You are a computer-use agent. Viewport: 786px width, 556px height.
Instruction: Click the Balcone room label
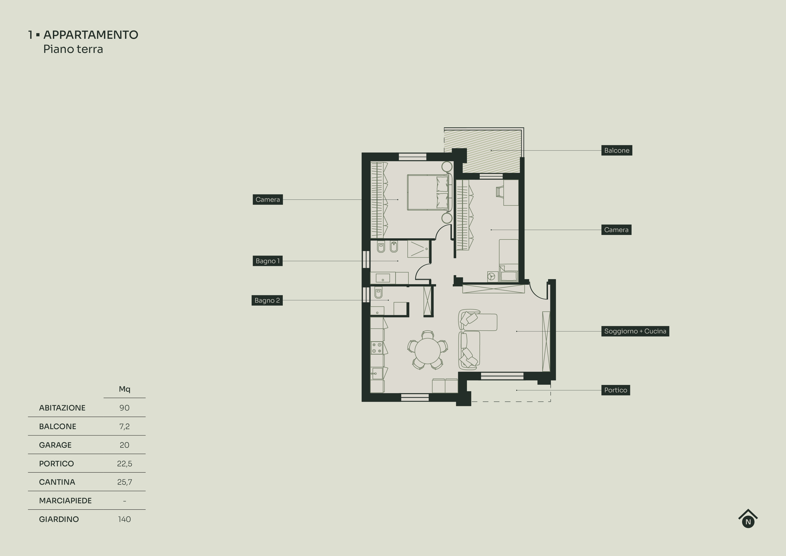click(617, 150)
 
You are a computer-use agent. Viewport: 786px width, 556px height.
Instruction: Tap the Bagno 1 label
click(267, 261)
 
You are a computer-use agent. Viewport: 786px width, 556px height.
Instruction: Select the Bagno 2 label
click(267, 300)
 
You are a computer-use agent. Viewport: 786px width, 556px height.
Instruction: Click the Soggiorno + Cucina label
click(635, 331)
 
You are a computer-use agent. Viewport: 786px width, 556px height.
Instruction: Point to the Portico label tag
click(615, 390)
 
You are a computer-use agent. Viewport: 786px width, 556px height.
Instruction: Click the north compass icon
click(748, 519)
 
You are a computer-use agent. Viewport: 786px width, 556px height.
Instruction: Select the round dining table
click(428, 351)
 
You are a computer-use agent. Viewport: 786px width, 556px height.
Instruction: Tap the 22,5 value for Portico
click(124, 463)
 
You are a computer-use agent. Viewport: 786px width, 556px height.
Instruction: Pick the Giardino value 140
click(124, 519)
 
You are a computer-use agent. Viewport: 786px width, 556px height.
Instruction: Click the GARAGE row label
click(55, 445)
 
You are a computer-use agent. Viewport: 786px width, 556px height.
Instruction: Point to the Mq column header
click(124, 389)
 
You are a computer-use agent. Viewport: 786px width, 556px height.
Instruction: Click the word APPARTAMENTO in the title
click(91, 35)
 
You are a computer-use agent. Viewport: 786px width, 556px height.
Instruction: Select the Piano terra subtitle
click(73, 49)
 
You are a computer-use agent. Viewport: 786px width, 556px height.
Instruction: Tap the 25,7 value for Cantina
click(124, 482)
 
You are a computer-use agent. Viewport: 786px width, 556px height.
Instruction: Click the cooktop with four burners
click(377, 348)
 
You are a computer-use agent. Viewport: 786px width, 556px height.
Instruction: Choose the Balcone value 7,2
click(124, 426)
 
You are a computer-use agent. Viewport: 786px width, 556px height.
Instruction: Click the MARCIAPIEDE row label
click(65, 501)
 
